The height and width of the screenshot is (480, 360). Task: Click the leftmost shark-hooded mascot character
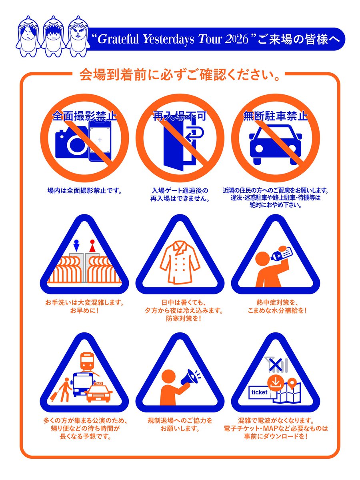(x=28, y=36)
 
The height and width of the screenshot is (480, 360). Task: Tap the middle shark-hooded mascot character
(x=53, y=36)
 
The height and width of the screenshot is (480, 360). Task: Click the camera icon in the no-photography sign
(x=72, y=142)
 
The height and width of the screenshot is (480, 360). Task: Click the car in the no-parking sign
(x=276, y=144)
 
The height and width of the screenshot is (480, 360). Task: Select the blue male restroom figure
(x=76, y=245)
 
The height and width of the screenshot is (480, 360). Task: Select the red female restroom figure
(x=92, y=246)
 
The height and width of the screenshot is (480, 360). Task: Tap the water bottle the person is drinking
(x=282, y=254)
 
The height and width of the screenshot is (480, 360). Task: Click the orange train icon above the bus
(x=87, y=362)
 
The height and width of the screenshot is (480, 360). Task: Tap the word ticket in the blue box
(x=260, y=392)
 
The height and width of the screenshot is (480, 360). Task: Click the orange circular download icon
(x=276, y=383)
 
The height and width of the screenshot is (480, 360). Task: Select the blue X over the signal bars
(x=276, y=364)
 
